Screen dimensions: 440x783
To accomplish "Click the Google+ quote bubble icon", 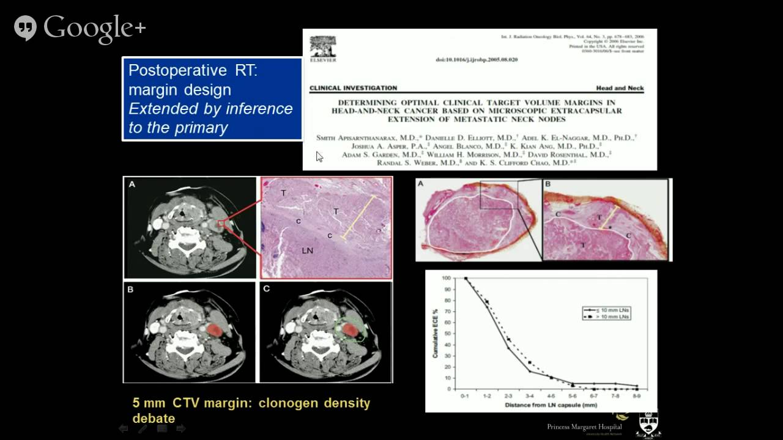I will coord(25,28).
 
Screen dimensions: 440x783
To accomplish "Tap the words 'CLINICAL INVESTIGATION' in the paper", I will coord(353,88).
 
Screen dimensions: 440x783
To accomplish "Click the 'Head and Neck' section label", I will coord(620,88).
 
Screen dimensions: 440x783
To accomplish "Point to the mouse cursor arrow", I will coord(319,156).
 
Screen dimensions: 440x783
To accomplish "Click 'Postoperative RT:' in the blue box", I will coord(193,70).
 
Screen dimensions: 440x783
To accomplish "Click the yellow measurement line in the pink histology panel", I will coord(358,216).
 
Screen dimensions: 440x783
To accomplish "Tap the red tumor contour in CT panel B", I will coord(214,330).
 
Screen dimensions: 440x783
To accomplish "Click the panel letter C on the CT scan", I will coord(267,289).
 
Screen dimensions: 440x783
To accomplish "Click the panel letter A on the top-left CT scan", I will coord(131,184).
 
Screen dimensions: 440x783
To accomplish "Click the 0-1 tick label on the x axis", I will coord(466,397).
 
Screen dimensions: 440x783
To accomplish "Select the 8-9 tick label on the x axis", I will coord(637,397).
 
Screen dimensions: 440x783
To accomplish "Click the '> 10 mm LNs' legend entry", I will coord(612,317).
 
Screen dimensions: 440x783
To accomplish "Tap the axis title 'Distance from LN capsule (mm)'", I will coord(550,405).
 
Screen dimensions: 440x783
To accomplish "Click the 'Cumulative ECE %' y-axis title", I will coord(435,332).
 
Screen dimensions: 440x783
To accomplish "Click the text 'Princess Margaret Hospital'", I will coord(584,427).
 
